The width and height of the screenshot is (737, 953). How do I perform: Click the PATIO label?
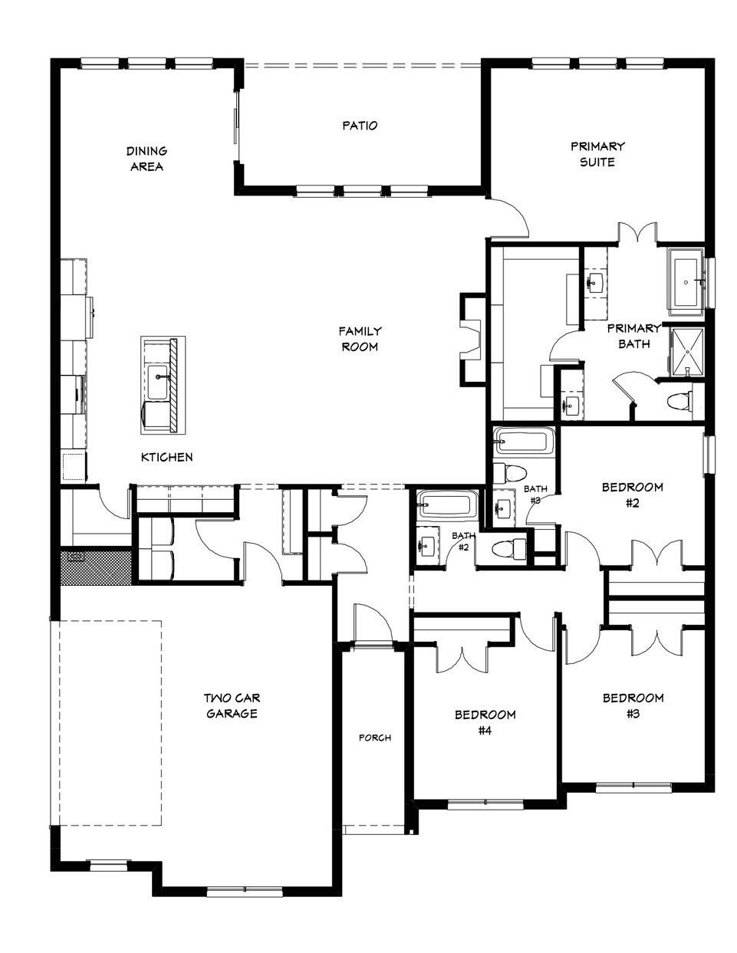360,125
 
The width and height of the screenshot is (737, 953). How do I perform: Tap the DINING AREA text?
146,159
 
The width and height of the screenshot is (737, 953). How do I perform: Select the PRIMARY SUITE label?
597,153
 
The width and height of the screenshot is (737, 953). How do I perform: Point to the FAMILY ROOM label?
360,339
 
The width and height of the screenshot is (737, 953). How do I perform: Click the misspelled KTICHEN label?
166,457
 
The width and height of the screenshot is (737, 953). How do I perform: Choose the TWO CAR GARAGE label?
231,705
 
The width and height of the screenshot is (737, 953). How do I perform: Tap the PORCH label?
375,738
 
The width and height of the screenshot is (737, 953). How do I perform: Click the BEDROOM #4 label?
485,722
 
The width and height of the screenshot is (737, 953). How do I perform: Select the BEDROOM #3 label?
633,705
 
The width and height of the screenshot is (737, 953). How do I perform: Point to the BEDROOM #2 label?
632,495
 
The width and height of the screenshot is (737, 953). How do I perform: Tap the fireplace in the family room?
469,337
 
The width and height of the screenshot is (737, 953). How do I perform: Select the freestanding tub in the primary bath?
687,281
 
